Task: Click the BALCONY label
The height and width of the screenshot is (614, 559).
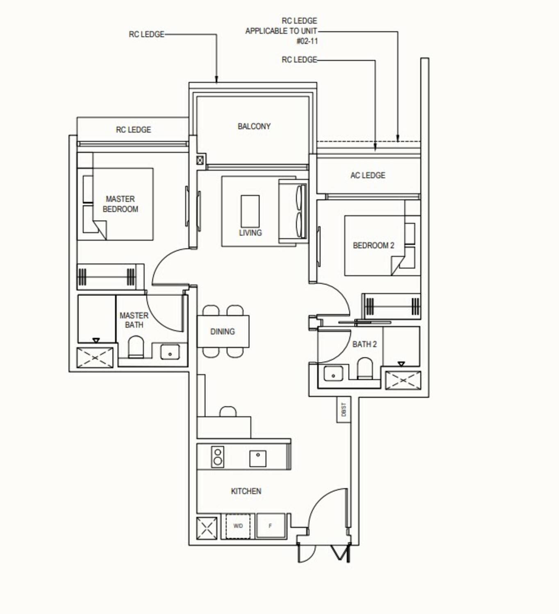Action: (254, 126)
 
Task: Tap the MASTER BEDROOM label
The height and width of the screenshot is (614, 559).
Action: (120, 204)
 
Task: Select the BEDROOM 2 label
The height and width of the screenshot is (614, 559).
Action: (373, 246)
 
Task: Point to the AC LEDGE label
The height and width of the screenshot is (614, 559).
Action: (368, 176)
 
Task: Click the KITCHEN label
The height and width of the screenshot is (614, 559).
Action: (246, 491)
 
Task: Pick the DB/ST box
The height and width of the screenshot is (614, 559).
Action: (343, 410)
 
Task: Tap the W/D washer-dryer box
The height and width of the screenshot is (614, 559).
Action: (238, 526)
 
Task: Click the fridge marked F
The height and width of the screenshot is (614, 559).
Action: (270, 526)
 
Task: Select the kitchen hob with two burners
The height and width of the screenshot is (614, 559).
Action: (218, 457)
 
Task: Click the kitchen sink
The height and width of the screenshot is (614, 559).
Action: (257, 458)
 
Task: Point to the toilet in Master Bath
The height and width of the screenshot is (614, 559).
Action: (136, 348)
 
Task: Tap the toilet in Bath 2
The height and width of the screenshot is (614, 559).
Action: (364, 368)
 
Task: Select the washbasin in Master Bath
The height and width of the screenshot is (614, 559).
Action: (170, 352)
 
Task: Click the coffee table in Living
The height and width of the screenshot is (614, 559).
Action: (250, 211)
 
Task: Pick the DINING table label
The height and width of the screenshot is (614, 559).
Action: (223, 332)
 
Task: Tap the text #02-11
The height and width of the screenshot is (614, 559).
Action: (307, 41)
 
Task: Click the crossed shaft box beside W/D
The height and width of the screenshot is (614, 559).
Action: (207, 527)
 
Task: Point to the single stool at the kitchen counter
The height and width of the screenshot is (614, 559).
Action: (228, 411)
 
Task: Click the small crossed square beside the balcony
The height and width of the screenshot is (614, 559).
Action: (200, 160)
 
